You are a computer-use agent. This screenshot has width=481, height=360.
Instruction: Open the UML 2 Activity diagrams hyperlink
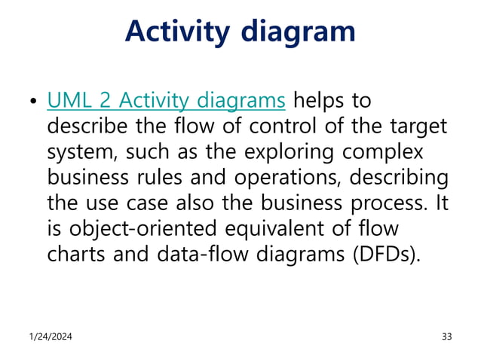tap(166, 99)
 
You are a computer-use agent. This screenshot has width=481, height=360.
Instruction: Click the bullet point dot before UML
tap(31, 101)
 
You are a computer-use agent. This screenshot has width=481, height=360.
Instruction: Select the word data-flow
tap(194, 253)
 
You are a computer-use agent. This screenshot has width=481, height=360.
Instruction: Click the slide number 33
tap(446, 336)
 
